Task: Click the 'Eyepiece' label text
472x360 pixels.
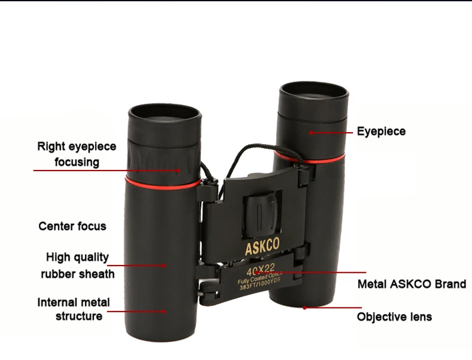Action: coord(381,131)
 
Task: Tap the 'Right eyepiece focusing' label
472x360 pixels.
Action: coord(77,154)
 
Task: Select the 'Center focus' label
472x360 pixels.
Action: coord(73,226)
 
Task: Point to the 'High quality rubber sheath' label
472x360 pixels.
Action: coord(78,265)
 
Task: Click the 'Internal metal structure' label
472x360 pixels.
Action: coord(74,309)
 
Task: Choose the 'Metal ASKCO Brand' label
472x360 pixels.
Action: coord(411,284)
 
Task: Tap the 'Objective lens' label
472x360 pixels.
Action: coord(394,317)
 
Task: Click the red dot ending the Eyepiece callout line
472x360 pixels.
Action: coord(310,133)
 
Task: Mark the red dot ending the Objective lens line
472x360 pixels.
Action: coord(304,307)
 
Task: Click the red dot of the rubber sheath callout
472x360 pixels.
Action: coord(165,266)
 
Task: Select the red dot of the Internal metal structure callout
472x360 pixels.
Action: coord(165,310)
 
